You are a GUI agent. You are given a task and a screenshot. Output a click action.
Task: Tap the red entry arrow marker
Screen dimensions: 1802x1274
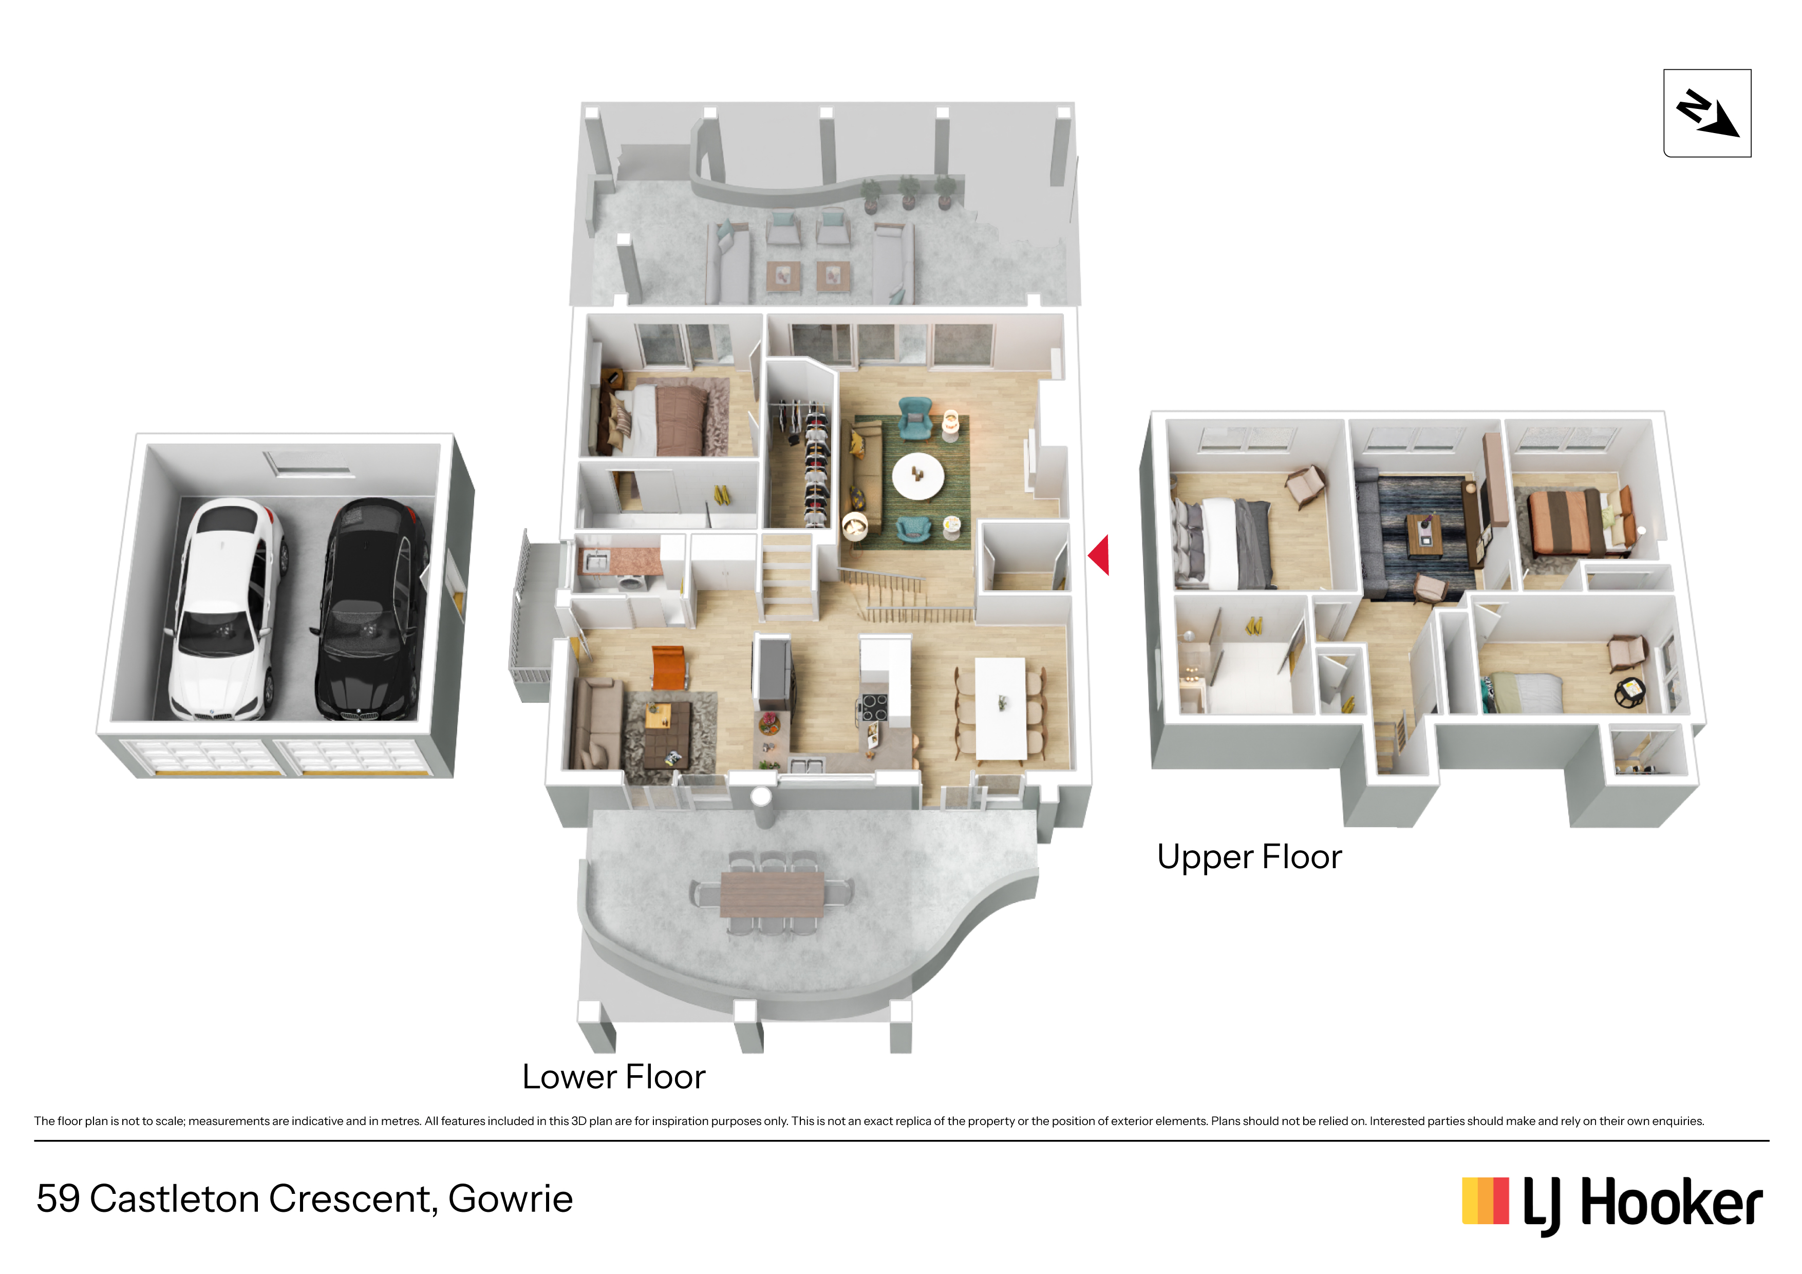click(x=1099, y=555)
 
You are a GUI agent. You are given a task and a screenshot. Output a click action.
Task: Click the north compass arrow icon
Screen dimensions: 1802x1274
click(x=1708, y=114)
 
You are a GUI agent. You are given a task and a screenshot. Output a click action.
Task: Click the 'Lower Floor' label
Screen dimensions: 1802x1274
click(x=614, y=1077)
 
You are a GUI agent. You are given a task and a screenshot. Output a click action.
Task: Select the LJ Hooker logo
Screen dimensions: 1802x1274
click(x=1612, y=1203)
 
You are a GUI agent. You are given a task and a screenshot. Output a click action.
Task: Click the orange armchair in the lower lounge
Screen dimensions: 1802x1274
click(x=669, y=666)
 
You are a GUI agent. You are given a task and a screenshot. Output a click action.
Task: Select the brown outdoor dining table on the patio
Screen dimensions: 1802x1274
click(x=772, y=894)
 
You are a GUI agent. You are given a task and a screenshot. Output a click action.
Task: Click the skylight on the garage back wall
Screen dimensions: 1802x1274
click(x=308, y=463)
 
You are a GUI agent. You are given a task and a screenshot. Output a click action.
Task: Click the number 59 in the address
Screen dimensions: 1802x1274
click(x=58, y=1198)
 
